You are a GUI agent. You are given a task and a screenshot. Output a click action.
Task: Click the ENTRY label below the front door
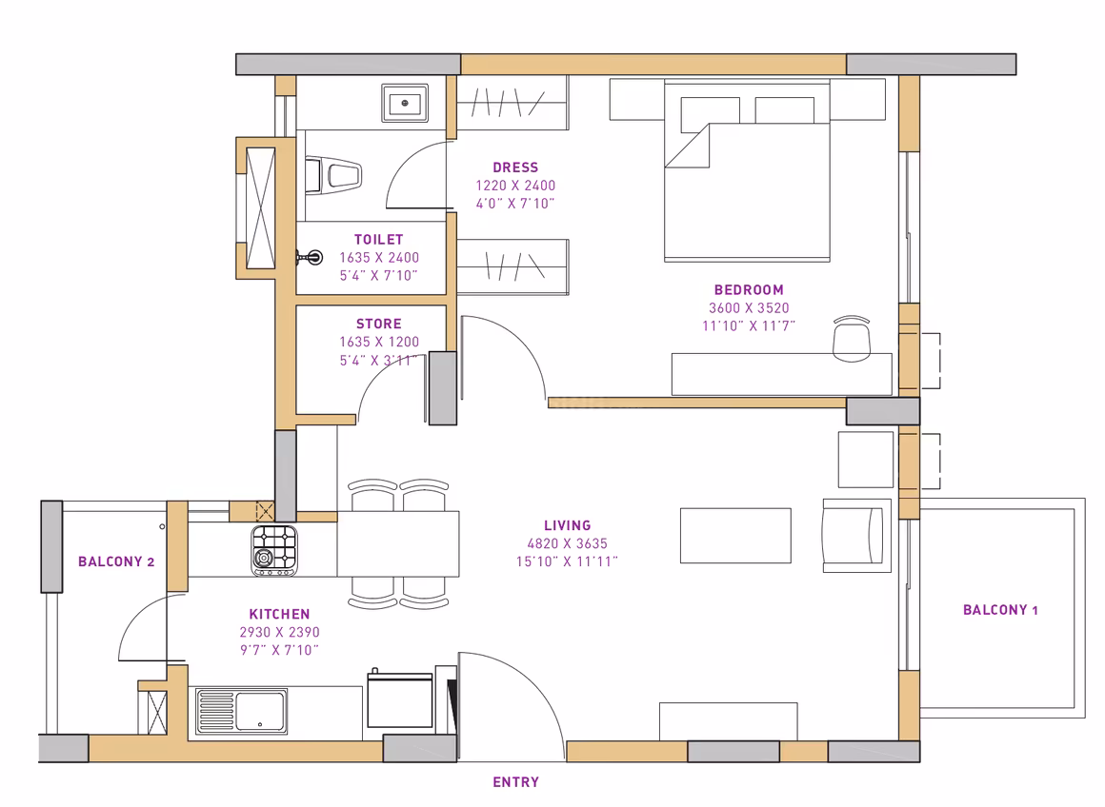click(x=516, y=781)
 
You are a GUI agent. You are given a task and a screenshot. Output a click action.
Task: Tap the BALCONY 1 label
click(x=1000, y=610)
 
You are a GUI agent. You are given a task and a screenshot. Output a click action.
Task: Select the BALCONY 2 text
click(x=116, y=561)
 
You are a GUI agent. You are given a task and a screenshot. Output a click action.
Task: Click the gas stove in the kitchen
click(x=274, y=550)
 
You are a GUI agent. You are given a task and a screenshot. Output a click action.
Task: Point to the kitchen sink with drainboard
click(x=241, y=711)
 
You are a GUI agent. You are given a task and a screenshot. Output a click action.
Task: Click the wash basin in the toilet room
click(x=405, y=103)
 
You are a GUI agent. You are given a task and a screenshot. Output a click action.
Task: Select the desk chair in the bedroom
click(x=852, y=339)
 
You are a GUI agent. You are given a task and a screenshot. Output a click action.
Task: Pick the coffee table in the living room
click(x=735, y=535)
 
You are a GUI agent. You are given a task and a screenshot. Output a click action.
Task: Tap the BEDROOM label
click(x=749, y=289)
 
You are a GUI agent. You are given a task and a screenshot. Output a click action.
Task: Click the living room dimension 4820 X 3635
click(x=568, y=543)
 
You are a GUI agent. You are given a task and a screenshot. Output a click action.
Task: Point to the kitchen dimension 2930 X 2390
click(x=279, y=632)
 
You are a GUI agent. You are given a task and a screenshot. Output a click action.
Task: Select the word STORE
click(x=378, y=324)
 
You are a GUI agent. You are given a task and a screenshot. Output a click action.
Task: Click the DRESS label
click(x=515, y=167)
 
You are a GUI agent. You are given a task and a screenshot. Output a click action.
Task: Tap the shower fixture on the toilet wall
click(x=311, y=258)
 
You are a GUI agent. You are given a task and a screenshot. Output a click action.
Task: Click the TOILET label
click(x=378, y=240)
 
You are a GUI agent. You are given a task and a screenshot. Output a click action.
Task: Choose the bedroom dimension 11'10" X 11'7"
click(x=749, y=325)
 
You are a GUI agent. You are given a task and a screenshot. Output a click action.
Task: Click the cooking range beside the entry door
click(x=399, y=699)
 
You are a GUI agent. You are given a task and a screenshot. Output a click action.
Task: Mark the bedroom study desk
click(x=781, y=374)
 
